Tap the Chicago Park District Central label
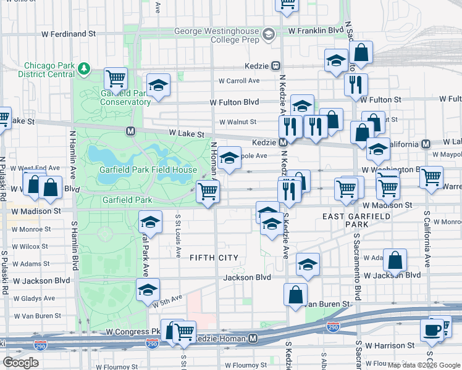[49, 70]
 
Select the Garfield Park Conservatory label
[125, 97]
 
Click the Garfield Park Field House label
[148, 170]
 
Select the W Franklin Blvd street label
[316, 30]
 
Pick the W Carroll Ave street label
[239, 81]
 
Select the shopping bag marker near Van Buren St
[296, 295]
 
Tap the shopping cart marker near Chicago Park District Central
[115, 79]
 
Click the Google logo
[20, 363]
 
